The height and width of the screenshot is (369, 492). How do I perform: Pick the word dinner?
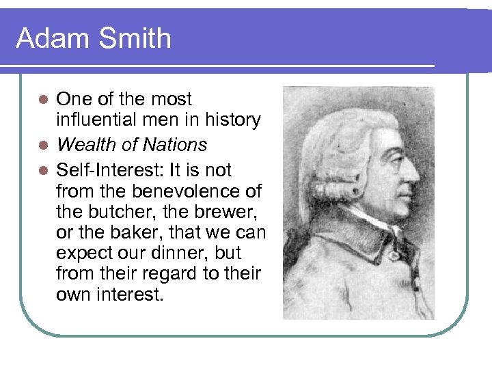(x=182, y=253)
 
